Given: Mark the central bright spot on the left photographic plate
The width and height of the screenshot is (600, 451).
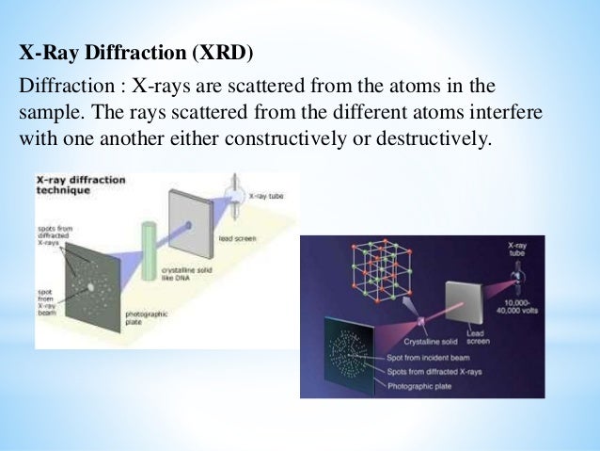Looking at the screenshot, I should [91, 285].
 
